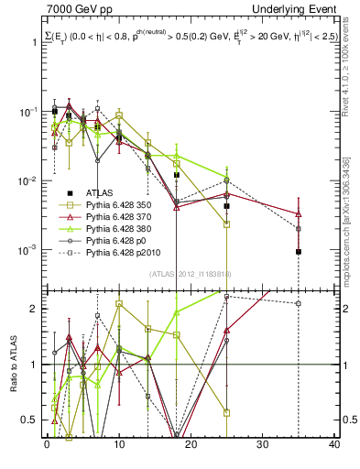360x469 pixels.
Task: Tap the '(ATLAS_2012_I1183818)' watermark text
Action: pos(190,274)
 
